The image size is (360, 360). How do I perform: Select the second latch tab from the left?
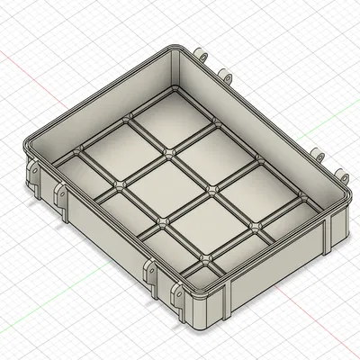[x=61, y=193]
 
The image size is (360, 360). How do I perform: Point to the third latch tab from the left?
[x=149, y=270]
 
